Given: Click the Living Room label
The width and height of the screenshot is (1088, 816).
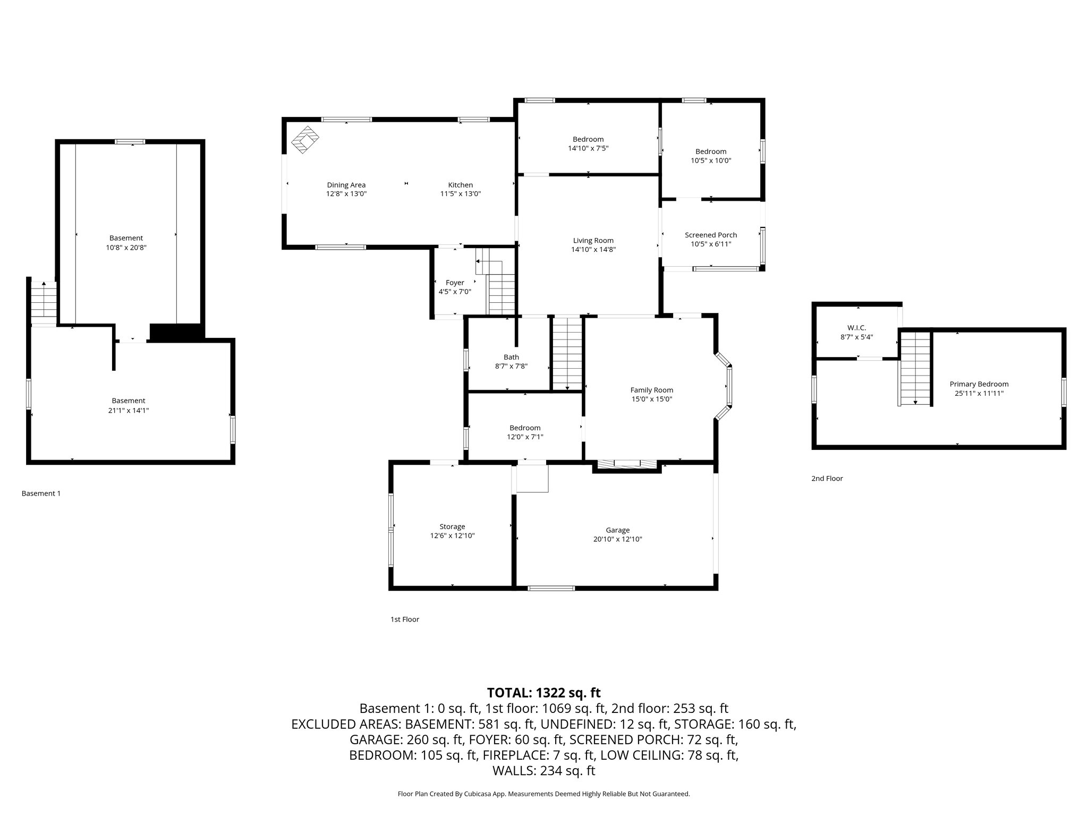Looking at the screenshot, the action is pos(593,241).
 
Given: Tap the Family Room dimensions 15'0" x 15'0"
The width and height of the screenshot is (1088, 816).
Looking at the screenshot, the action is pos(651,399).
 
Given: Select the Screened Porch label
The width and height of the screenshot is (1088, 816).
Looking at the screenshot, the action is pos(711,235).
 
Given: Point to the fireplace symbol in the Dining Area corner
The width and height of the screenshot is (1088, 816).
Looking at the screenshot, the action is pos(305,140).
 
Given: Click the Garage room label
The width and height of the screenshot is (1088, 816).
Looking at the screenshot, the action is pos(618,530).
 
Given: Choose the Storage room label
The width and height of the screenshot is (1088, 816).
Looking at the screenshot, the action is pos(452,526).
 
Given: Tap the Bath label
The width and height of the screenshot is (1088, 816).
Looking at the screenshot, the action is pos(511,357).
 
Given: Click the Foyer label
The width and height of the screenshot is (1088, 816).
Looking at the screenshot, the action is pos(455,283).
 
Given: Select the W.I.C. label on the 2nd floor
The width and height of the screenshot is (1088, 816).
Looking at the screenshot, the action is pos(857,328).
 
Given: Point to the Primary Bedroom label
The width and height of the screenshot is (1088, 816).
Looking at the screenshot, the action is pos(979,384).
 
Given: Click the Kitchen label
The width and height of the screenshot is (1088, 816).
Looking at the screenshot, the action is pos(460,185).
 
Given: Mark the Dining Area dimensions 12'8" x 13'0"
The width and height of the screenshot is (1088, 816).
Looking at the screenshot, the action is pos(346,194).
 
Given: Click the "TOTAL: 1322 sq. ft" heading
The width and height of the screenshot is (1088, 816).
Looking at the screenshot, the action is pos(543,693).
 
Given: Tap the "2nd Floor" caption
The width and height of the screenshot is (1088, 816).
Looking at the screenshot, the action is pos(827,478).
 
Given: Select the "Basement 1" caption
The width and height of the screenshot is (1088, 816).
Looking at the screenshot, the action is pos(41,494).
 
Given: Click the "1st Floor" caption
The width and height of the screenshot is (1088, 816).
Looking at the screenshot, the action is pos(405,619).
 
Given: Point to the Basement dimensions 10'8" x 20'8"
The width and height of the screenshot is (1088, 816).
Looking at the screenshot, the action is pos(126,248).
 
